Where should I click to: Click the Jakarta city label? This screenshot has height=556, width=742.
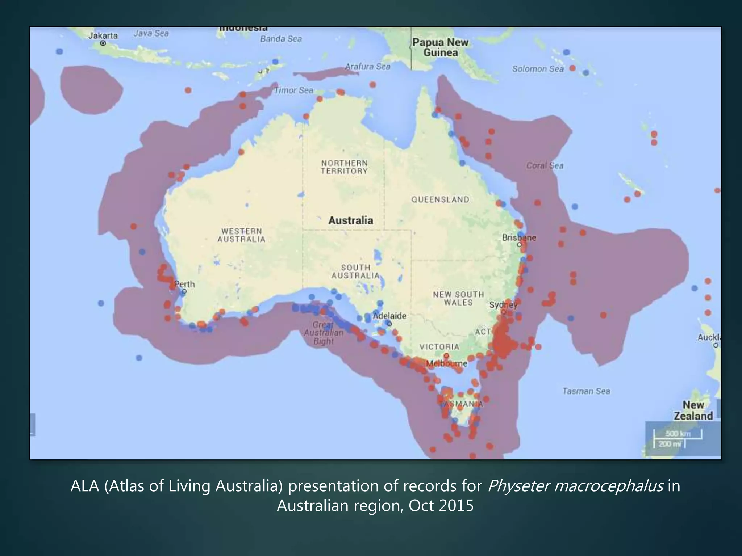pyautogui.click(x=103, y=35)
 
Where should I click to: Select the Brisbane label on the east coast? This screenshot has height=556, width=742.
pyautogui.click(x=518, y=238)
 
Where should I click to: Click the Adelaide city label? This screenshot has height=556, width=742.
pyautogui.click(x=389, y=316)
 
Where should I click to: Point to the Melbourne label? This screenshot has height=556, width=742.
pyautogui.click(x=446, y=363)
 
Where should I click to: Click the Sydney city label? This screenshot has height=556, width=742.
pyautogui.click(x=503, y=305)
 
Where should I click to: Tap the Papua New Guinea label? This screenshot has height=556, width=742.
pyautogui.click(x=440, y=47)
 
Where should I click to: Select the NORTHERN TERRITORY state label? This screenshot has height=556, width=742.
pyautogui.click(x=344, y=167)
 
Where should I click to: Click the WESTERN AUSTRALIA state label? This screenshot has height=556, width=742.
pyautogui.click(x=241, y=235)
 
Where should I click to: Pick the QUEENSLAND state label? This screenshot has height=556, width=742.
pyautogui.click(x=440, y=199)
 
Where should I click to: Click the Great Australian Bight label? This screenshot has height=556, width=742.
pyautogui.click(x=323, y=333)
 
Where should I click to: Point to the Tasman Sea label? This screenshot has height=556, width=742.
pyautogui.click(x=586, y=391)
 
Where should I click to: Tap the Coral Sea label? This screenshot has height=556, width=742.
pyautogui.click(x=545, y=165)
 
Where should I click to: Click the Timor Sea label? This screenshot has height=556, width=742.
pyautogui.click(x=293, y=90)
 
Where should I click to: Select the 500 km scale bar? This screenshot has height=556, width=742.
pyautogui.click(x=678, y=434)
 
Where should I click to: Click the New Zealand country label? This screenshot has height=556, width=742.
pyautogui.click(x=693, y=410)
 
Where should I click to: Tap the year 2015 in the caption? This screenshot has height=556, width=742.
pyautogui.click(x=456, y=506)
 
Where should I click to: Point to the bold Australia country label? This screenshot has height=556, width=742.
pyautogui.click(x=350, y=220)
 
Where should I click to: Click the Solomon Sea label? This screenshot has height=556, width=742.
pyautogui.click(x=538, y=69)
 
